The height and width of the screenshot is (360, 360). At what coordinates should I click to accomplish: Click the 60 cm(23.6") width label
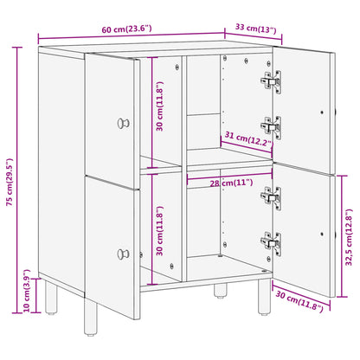pyautogui.click(x=125, y=29)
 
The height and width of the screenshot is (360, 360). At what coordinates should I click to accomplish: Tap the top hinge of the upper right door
pyautogui.click(x=270, y=80)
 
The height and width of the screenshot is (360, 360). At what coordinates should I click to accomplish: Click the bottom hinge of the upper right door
pyautogui.click(x=270, y=127)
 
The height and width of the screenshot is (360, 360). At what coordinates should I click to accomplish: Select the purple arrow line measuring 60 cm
pyautogui.click(x=130, y=39)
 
